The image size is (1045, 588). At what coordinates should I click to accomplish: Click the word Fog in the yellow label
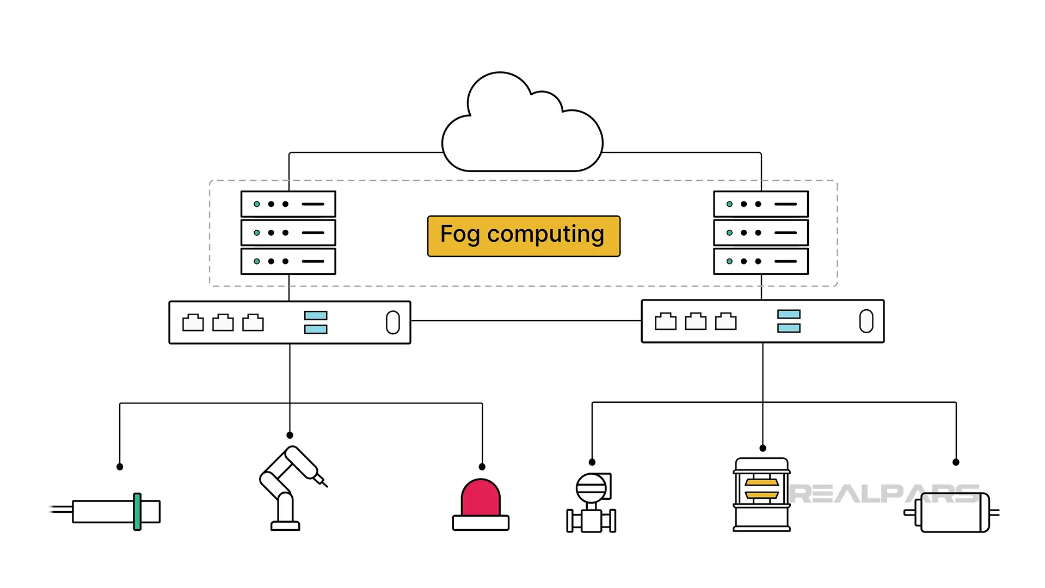(459, 235)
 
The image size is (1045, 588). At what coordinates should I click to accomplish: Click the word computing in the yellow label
(545, 235)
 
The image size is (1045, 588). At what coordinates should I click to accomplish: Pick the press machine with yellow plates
(761, 494)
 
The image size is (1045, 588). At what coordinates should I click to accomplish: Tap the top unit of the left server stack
(288, 204)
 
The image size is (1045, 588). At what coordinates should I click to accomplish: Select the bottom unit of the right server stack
(761, 261)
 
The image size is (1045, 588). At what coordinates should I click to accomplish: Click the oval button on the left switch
(392, 322)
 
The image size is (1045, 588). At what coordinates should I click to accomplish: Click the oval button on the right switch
(866, 321)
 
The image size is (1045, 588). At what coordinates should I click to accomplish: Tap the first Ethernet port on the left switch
(193, 323)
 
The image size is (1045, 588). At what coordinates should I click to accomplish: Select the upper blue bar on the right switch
(789, 314)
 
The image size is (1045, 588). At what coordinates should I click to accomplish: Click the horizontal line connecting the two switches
(525, 321)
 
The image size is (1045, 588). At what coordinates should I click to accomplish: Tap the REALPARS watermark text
(882, 494)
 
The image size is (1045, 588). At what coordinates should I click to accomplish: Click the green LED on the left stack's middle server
(257, 233)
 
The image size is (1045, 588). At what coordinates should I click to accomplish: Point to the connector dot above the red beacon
(482, 467)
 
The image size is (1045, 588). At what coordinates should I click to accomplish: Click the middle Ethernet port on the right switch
(696, 322)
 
